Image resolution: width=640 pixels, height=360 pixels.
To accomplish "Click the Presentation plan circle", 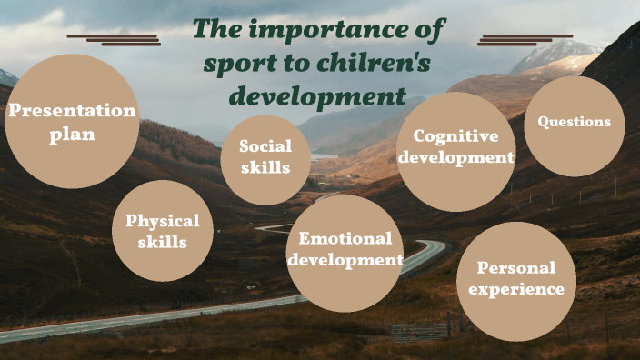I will [x=73, y=121].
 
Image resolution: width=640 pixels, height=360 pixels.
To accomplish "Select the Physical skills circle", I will [x=163, y=231].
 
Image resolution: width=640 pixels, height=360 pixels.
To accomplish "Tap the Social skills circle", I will [x=265, y=159].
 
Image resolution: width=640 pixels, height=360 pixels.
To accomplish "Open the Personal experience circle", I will [x=515, y=277].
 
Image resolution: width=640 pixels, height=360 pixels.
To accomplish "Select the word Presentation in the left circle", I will [x=72, y=111].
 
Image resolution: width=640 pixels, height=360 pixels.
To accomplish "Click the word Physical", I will [x=163, y=220].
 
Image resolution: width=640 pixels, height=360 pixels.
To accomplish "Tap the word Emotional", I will [x=345, y=239].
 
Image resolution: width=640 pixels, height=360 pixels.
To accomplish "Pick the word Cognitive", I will [x=455, y=136].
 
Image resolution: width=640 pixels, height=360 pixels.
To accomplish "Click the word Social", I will [x=265, y=146].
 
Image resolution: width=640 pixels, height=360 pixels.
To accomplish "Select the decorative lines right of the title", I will [x=525, y=39].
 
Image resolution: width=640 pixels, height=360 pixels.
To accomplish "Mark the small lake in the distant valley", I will [x=324, y=156].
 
